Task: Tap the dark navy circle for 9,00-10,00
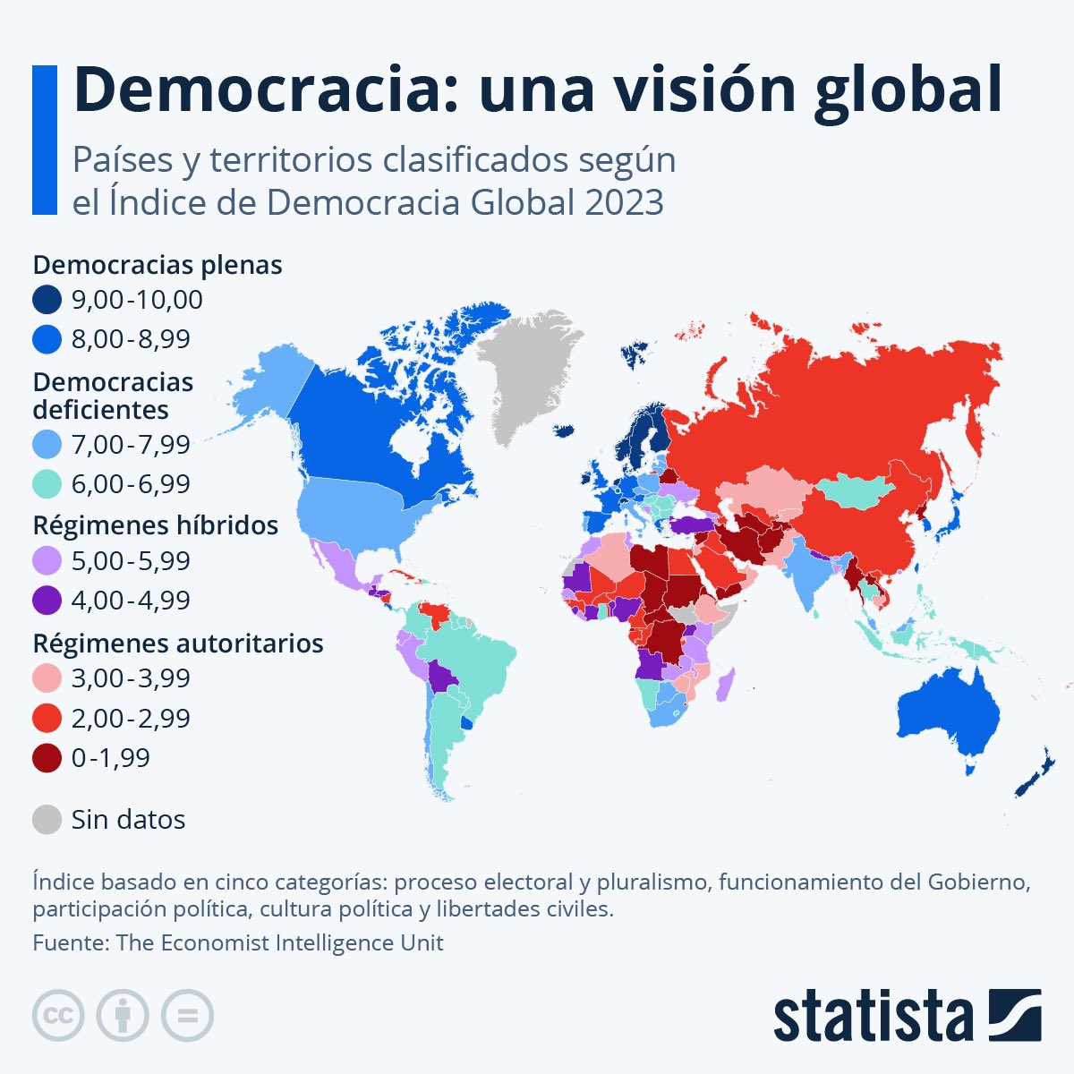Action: coord(47,300)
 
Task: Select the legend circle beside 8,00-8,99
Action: coord(47,339)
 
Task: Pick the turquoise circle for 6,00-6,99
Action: coord(47,484)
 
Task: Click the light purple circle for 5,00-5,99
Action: coord(47,561)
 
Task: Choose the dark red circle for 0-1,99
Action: coord(47,758)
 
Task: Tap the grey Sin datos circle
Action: coord(47,819)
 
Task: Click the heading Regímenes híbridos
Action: coord(155,524)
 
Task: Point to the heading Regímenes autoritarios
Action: coord(177,643)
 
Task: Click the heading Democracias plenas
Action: coord(158,265)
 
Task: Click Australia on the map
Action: coord(949,716)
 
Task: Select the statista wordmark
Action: coord(873,1015)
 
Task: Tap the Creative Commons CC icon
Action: coord(59,1015)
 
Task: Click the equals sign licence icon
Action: coord(188,1015)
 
